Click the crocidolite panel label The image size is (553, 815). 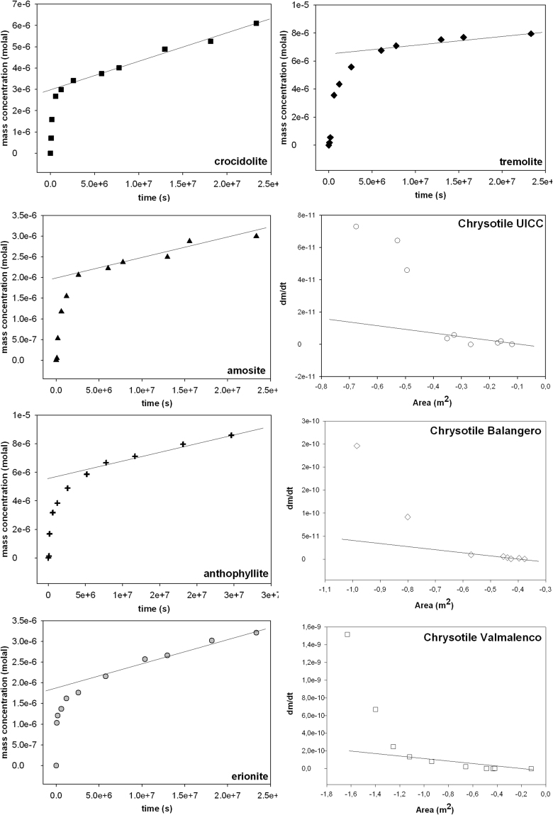click(x=240, y=162)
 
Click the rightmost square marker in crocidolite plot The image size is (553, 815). click(x=256, y=23)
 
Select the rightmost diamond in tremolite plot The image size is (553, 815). click(x=531, y=33)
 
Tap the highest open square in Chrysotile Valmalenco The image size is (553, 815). click(x=347, y=634)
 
